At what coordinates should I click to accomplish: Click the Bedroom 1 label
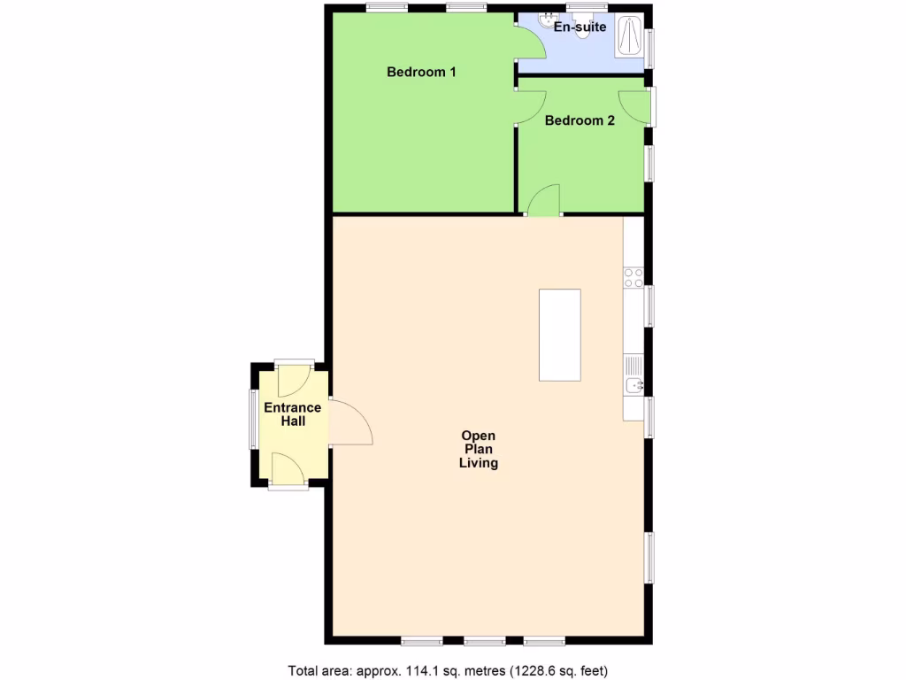[x=421, y=72]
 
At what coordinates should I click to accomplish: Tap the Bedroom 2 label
[x=580, y=120]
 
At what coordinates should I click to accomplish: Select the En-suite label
[x=580, y=27]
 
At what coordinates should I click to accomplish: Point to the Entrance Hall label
[x=293, y=414]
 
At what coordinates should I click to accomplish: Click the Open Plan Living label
[x=478, y=449]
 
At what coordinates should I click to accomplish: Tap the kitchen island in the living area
[x=559, y=335]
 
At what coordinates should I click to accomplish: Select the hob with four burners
[x=633, y=278]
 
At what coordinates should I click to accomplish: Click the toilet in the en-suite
[x=581, y=30]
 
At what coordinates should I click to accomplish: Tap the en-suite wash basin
[x=546, y=20]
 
